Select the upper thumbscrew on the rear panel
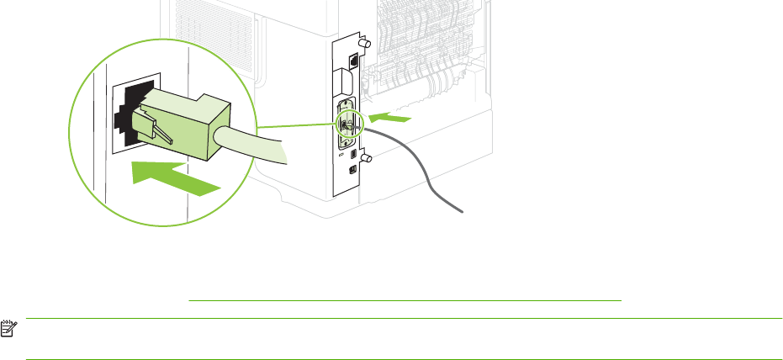pyautogui.click(x=363, y=41)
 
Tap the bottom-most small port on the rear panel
pyautogui.click(x=352, y=169)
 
